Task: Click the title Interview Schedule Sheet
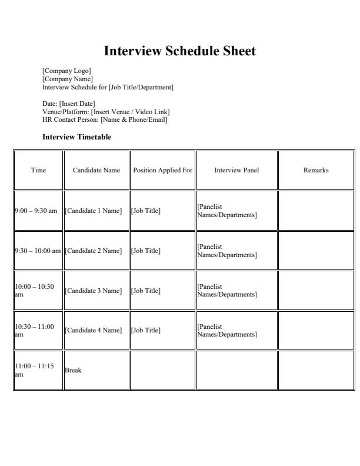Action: [180, 51]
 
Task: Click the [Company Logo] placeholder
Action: [66, 71]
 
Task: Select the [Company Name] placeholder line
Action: [68, 79]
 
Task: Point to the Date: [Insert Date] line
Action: [69, 104]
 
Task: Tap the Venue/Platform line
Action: [106, 112]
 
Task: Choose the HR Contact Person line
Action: [105, 119]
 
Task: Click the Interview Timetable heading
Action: [76, 137]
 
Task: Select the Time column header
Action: [38, 171]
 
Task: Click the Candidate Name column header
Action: [96, 171]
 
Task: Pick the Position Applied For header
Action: [162, 171]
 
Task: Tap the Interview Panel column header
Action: [236, 171]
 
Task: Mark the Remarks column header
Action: [316, 171]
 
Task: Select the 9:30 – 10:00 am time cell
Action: [38, 251]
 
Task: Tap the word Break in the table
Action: [73, 370]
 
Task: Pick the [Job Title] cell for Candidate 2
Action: [146, 251]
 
